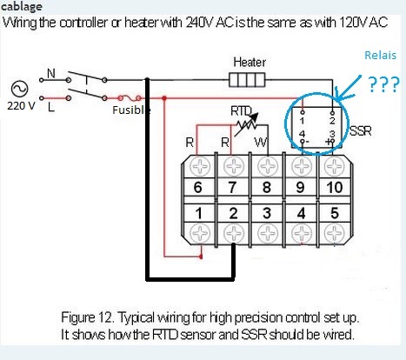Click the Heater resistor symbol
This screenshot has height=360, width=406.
point(247,80)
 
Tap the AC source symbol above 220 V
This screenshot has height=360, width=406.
point(20,89)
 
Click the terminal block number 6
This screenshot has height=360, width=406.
point(197,187)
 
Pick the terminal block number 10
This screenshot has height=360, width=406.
point(335,187)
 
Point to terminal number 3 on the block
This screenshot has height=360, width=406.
point(267,213)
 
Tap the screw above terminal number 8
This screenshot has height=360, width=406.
point(267,167)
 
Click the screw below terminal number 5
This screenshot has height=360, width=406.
point(335,233)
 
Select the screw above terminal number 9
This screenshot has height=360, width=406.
point(302,167)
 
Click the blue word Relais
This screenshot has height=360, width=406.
point(380,55)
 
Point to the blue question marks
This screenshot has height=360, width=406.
point(383,84)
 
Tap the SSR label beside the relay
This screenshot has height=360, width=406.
point(361,131)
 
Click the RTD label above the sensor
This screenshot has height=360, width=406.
point(241,110)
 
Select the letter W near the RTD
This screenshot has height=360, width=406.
point(261,143)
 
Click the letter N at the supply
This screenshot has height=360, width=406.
point(51,73)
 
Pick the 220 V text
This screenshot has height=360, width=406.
point(21,106)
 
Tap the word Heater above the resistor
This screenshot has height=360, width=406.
point(250,63)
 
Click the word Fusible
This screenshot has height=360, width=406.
point(131,110)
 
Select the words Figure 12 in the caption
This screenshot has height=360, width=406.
point(86,317)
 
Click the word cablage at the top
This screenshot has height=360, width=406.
point(21,6)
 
